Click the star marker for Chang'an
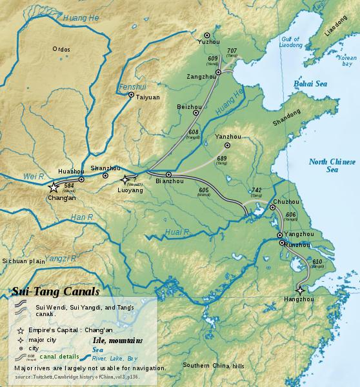(53, 187)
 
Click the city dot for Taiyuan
(131, 95)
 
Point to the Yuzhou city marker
(207, 35)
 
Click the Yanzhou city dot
(226, 145)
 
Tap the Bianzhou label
(170, 182)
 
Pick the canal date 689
(221, 158)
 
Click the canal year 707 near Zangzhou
(232, 50)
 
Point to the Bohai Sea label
(310, 84)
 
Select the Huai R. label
(176, 232)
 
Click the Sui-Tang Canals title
(55, 292)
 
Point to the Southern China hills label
(214, 366)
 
